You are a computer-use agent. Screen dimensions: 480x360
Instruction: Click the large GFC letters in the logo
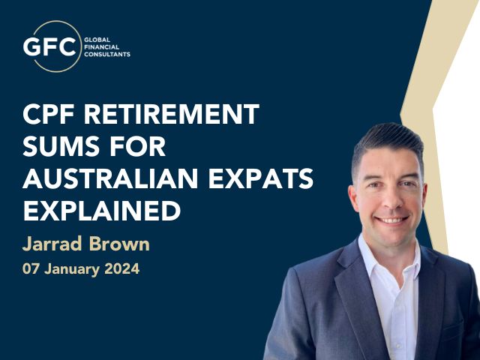(49, 46)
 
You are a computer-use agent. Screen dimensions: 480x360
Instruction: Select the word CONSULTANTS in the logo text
(107, 55)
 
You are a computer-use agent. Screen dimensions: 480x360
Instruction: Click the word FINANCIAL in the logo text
(102, 47)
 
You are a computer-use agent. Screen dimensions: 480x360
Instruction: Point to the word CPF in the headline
(49, 113)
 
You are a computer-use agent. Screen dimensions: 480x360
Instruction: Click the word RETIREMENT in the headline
(172, 113)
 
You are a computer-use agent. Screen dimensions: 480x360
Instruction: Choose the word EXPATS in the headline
(261, 178)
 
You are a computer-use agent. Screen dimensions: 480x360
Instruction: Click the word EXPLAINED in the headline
(102, 211)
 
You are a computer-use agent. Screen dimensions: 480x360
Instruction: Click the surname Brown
(119, 244)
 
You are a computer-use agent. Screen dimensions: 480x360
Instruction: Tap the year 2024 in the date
(121, 269)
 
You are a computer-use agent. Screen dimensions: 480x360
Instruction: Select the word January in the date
(72, 269)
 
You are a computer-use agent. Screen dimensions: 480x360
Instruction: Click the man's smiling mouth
(391, 220)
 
